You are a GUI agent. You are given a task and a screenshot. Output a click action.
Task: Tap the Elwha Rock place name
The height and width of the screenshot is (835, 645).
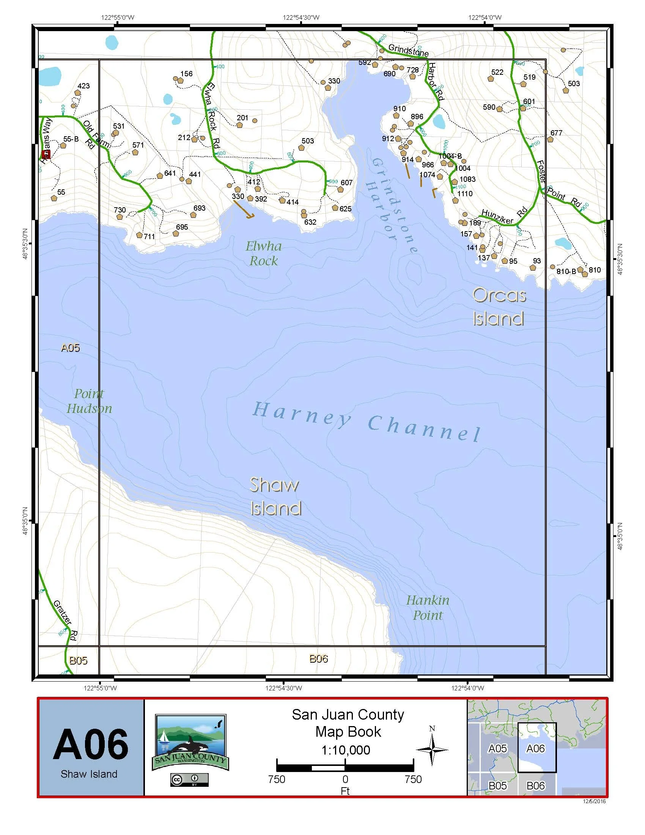(264, 254)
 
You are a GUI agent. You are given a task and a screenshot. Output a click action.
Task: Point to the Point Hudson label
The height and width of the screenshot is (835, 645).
(89, 401)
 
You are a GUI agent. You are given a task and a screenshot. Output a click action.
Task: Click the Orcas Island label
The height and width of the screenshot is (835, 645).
(499, 307)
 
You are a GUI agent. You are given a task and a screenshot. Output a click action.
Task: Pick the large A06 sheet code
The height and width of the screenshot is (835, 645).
(91, 744)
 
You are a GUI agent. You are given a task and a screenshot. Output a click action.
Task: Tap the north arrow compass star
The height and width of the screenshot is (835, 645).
(432, 750)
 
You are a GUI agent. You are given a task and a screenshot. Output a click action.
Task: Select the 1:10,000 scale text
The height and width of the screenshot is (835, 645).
(346, 750)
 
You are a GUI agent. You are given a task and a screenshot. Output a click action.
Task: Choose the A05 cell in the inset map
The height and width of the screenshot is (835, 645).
(497, 748)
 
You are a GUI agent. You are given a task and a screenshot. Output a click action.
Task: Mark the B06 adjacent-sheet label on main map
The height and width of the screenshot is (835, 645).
(318, 659)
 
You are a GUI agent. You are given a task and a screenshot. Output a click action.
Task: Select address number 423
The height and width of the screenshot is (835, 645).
(83, 86)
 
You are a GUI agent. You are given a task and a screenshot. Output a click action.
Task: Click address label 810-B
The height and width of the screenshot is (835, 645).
(566, 271)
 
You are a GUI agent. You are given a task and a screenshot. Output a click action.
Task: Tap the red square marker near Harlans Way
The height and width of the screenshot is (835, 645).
(46, 154)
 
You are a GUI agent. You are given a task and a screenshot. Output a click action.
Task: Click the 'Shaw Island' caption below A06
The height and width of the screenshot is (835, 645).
(89, 774)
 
